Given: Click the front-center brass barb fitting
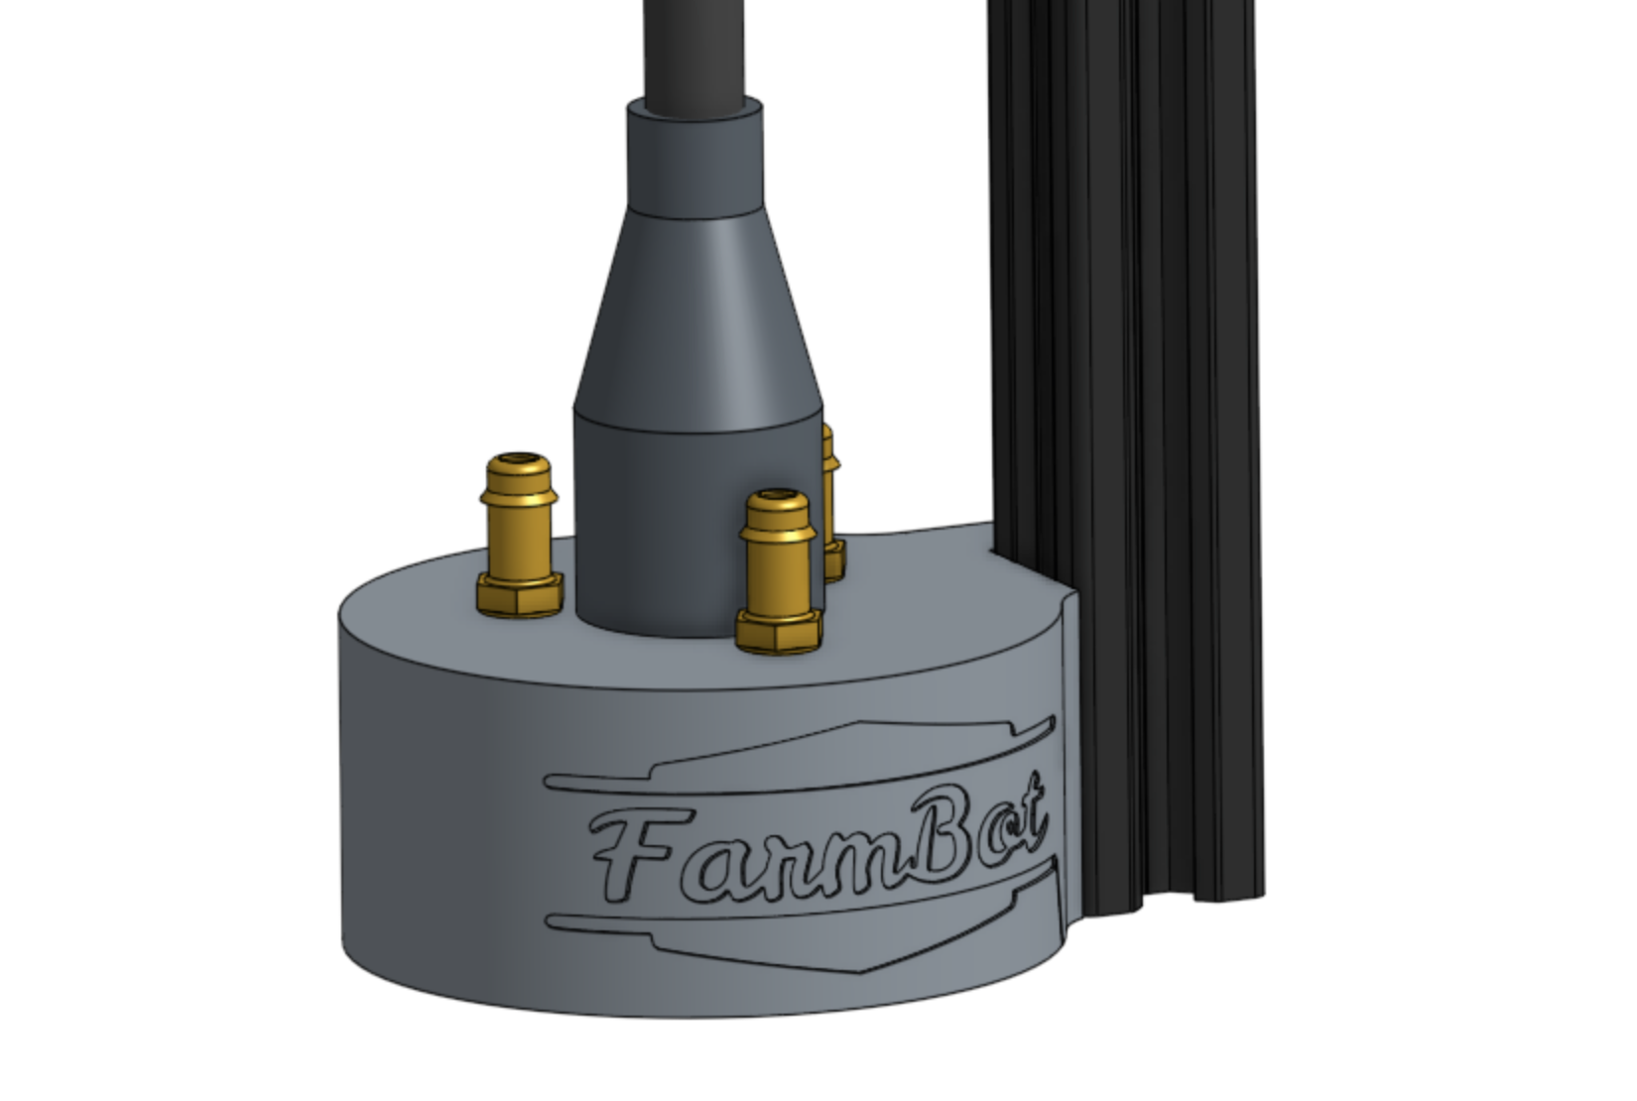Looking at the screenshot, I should pyautogui.click(x=779, y=560).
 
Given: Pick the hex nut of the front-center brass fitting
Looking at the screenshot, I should pyautogui.click(x=779, y=631).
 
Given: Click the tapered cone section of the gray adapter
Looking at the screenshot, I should pyautogui.click(x=699, y=317).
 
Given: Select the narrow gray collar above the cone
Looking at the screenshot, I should pyautogui.click(x=694, y=159).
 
